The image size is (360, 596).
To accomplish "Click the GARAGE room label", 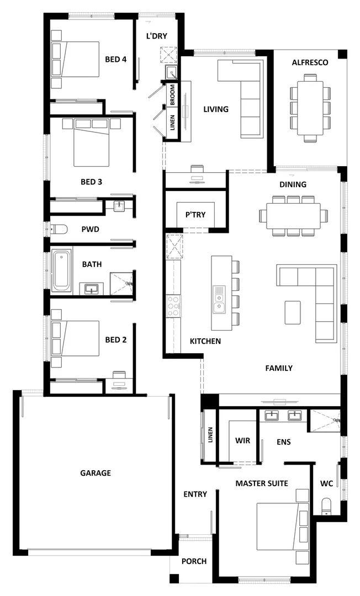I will point(96,473).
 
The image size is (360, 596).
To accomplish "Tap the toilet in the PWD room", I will point(58,229).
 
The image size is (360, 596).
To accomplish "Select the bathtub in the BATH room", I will point(61,270).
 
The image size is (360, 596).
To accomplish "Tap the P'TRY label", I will point(195,215).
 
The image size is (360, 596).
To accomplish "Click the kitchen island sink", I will point(219,298).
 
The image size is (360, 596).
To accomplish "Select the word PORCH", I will point(194,561).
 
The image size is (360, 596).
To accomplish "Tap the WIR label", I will point(243,441).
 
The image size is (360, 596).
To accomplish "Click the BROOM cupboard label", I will point(173,94).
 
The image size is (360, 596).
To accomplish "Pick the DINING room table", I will point(293,215).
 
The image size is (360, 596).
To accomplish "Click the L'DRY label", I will point(156,36).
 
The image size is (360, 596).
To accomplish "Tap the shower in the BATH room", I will point(121,283).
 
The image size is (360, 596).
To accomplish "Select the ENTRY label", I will point(195,494).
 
